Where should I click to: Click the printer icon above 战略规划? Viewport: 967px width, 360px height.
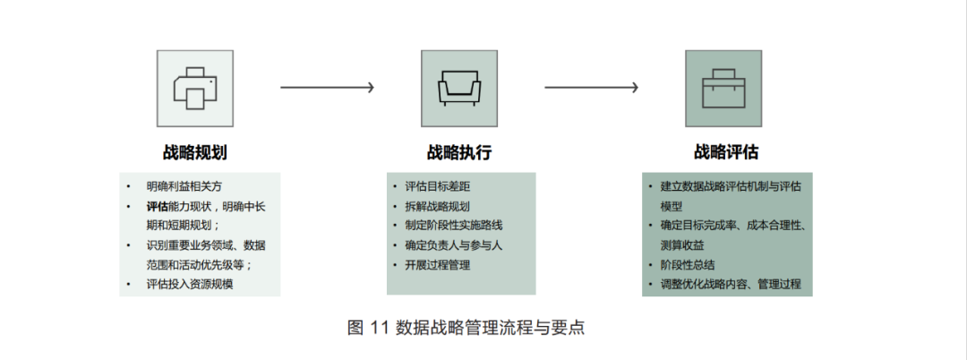tap(195, 88)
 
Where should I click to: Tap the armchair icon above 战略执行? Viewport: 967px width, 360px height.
tap(459, 88)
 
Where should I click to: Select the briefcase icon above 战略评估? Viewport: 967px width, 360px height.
tap(723, 88)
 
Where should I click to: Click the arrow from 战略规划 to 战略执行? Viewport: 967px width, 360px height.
tap(327, 88)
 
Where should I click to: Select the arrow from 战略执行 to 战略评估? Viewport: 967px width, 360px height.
tap(591, 88)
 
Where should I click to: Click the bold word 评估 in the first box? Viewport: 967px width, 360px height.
tap(158, 206)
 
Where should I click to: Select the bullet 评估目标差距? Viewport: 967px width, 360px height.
tap(437, 186)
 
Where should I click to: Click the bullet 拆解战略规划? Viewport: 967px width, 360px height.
tap(437, 206)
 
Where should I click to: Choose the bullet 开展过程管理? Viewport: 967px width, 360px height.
tap(437, 264)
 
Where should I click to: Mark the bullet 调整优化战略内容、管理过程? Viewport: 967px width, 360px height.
tap(732, 285)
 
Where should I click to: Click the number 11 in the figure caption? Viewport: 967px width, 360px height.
tap(380, 328)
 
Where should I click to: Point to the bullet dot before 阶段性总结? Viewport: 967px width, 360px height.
tap(651, 265)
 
